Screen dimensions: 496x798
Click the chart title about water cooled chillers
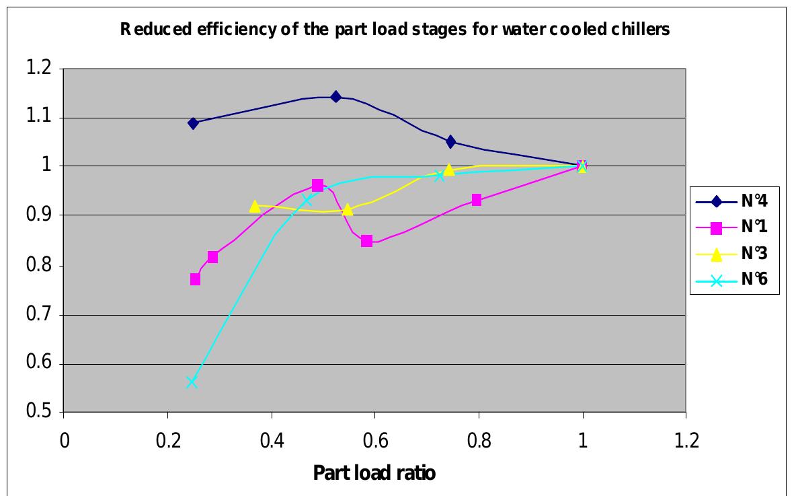click(x=395, y=30)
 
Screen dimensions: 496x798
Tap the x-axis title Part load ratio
click(x=374, y=473)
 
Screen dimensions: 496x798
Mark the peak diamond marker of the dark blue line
click(x=335, y=97)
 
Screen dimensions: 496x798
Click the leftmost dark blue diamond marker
click(x=194, y=123)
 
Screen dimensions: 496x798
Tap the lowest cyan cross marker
click(x=192, y=382)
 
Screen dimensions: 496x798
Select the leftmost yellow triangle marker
click(x=254, y=206)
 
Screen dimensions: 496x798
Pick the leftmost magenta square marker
click(x=195, y=279)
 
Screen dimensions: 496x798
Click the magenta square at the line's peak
click(x=317, y=185)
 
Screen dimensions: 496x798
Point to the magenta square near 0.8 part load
click(x=476, y=200)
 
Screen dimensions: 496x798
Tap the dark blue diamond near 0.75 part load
click(x=450, y=141)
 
